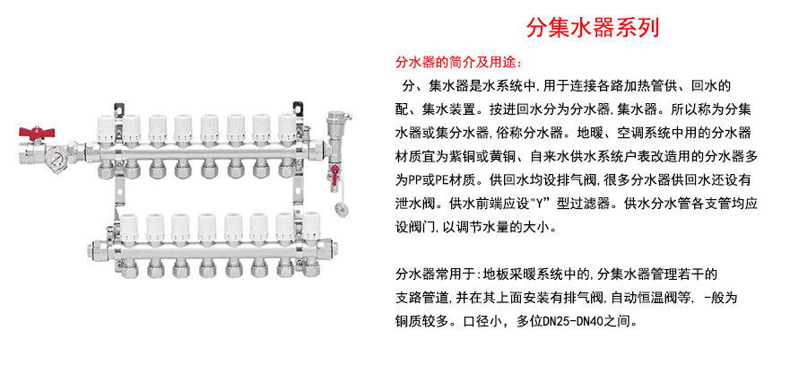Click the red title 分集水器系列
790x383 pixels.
tap(593, 27)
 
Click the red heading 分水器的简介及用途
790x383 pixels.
tap(456, 63)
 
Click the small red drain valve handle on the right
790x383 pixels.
tap(337, 174)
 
